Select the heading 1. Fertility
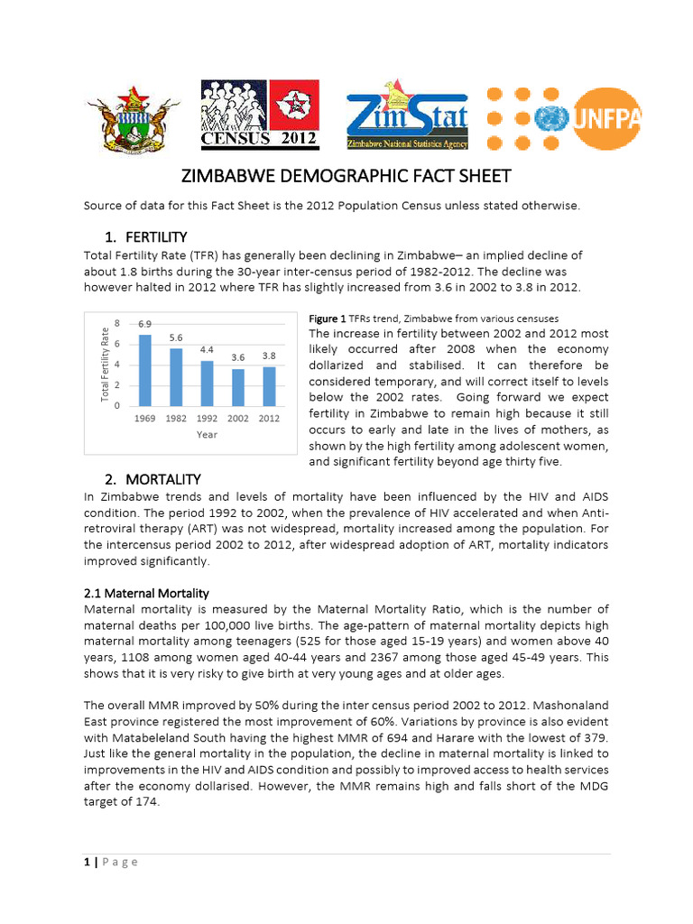pos(145,237)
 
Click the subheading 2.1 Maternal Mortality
pos(146,593)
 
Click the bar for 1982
pos(176,376)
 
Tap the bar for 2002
pos(237,387)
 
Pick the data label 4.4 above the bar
pos(207,348)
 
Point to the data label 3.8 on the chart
pos(269,356)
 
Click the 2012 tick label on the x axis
pos(269,419)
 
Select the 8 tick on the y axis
pos(117,323)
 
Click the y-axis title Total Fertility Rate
pos(105,365)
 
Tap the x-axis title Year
pos(207,434)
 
